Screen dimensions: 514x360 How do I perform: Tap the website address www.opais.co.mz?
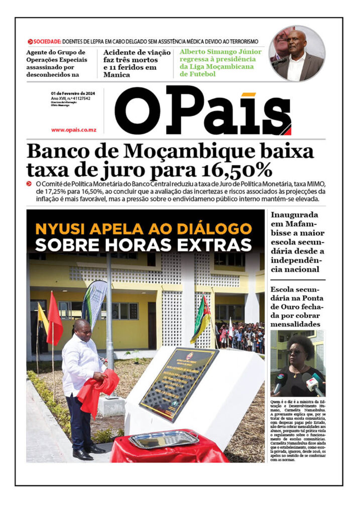[x=73, y=130]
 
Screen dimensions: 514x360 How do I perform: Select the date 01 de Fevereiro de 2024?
[x=74, y=93]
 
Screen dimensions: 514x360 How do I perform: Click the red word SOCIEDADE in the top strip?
[x=48, y=41]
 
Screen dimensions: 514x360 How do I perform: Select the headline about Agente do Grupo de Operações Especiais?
[x=57, y=63]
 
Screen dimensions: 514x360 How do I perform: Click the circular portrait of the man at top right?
[x=296, y=54]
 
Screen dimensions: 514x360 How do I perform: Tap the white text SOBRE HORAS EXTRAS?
[x=144, y=245]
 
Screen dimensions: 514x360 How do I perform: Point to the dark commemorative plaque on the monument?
[x=179, y=383]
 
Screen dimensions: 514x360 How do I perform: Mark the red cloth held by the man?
[x=98, y=389]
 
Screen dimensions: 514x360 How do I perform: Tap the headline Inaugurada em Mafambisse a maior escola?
[x=297, y=242]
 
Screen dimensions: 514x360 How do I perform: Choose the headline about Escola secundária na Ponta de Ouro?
[x=297, y=307]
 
